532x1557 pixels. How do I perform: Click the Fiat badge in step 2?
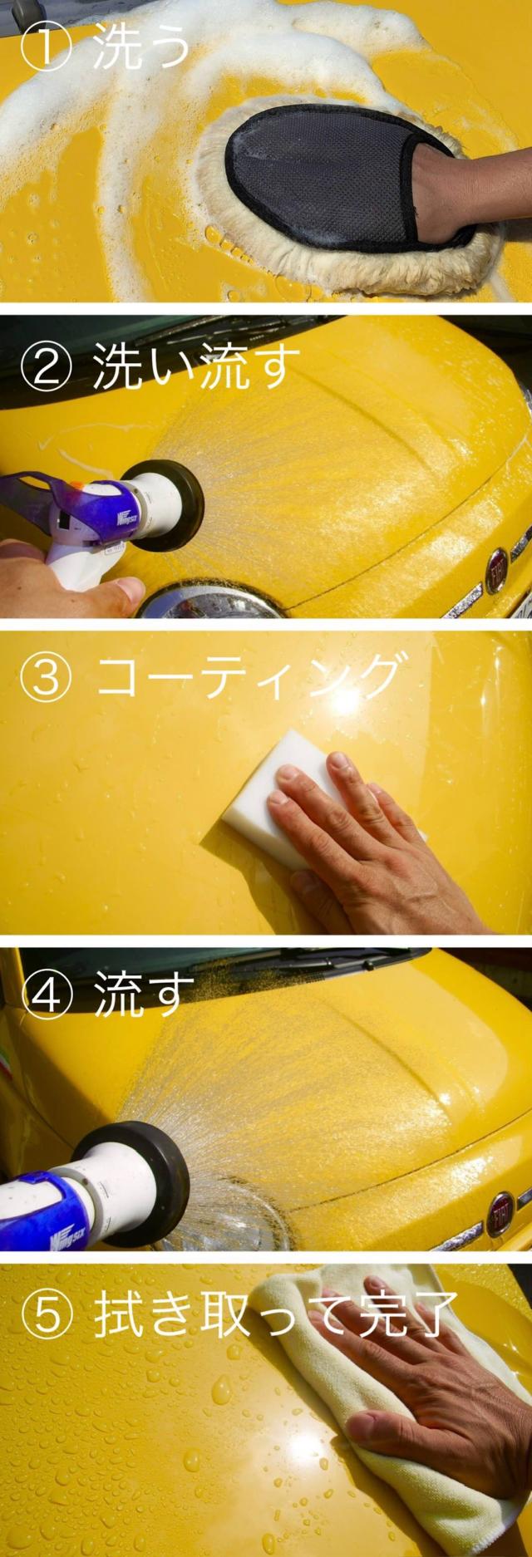(x=497, y=568)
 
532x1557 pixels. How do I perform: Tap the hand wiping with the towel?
(x=441, y=1404)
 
